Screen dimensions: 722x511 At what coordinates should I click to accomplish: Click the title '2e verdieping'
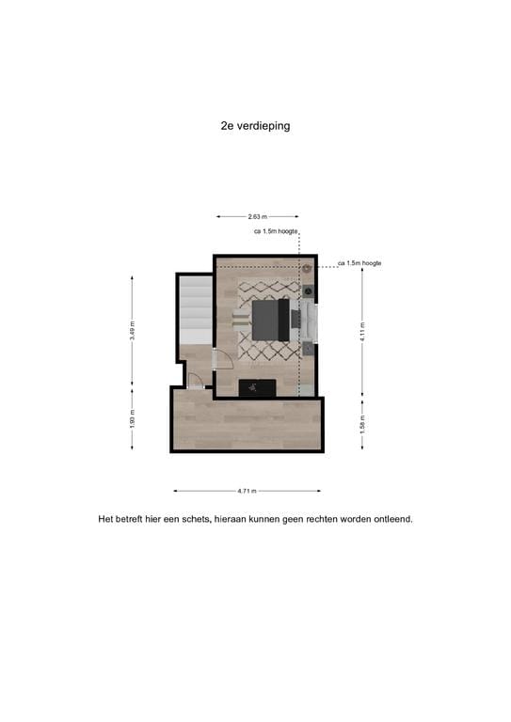click(x=255, y=126)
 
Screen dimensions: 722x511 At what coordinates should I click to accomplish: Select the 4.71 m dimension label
click(x=248, y=491)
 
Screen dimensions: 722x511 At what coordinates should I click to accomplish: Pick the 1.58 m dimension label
click(x=361, y=424)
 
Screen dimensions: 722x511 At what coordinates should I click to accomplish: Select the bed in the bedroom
click(x=273, y=319)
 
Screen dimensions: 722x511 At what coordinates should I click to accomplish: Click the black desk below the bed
click(x=256, y=386)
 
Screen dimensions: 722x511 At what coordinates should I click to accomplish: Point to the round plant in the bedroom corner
click(x=308, y=269)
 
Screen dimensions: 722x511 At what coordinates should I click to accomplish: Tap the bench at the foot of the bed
click(x=243, y=320)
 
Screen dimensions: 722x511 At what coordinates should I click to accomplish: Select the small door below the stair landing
click(x=195, y=380)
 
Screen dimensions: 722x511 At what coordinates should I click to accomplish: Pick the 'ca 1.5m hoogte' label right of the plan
click(x=359, y=263)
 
